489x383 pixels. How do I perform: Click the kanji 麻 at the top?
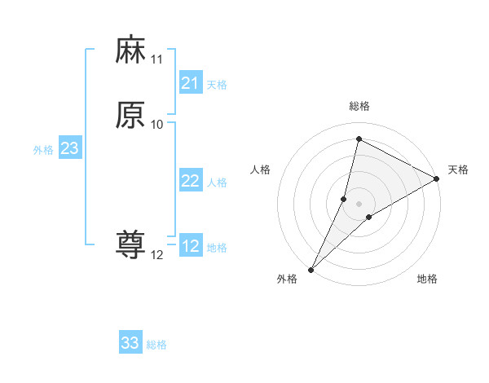(130, 51)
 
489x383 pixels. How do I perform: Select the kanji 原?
(130, 115)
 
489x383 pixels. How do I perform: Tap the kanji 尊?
(130, 245)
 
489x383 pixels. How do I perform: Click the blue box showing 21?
(190, 83)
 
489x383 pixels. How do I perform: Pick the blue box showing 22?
(190, 181)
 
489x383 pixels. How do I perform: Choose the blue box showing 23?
(69, 148)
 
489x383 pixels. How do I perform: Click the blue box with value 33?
(130, 343)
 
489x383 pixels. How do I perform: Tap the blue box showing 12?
(190, 246)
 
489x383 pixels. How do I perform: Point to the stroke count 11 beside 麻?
(156, 59)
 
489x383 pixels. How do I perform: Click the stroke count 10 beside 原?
(156, 125)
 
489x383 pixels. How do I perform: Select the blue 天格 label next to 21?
(217, 85)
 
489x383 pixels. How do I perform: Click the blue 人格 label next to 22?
(217, 183)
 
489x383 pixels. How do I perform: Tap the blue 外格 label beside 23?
(43, 150)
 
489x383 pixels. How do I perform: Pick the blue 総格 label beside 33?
(157, 345)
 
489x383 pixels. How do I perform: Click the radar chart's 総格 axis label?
(359, 106)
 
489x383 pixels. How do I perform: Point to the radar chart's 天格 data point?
(437, 178)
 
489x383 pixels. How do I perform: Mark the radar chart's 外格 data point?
(311, 270)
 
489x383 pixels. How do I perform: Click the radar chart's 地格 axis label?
(427, 279)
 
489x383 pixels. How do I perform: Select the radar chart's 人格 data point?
(344, 199)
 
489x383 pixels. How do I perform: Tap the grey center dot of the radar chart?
(359, 203)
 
